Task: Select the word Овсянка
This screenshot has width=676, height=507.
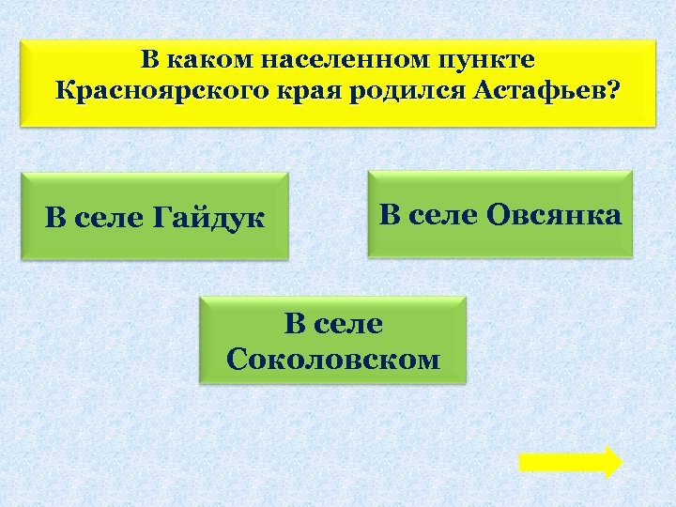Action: point(554,215)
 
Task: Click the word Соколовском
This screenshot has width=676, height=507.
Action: point(333,359)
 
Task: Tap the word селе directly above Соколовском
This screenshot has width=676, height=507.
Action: point(348,325)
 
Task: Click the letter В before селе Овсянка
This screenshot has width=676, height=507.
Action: point(389,215)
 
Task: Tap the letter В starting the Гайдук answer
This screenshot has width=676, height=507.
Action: point(55,219)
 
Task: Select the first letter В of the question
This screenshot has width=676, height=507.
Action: point(151,60)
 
